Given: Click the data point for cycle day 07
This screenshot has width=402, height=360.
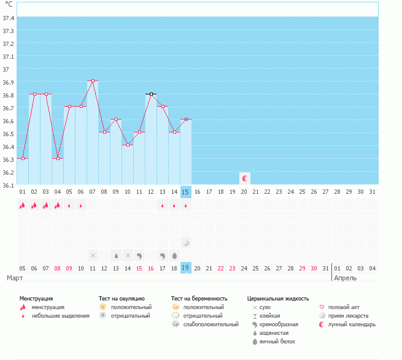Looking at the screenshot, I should pos(93,81).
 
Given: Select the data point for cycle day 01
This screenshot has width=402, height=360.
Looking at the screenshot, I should pos(23,158).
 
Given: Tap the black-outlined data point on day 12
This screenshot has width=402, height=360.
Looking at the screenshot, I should pos(151,94).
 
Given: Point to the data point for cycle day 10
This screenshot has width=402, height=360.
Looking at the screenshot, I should pos(128,145).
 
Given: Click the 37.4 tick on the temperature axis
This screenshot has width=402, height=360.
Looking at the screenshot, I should pos(8,18).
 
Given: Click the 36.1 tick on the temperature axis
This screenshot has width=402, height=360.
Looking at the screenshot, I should pos(8,185).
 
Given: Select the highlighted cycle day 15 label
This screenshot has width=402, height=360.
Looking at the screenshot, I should pos(186,192).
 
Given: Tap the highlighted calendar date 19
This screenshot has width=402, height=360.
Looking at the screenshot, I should pos(186,268).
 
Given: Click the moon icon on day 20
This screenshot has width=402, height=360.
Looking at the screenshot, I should pos(245,178).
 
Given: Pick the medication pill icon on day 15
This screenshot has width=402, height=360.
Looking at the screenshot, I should pos(186,243).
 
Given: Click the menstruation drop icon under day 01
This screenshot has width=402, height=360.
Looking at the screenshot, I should pos(23,205).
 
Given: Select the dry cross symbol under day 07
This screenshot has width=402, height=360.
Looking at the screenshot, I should pos(93,255).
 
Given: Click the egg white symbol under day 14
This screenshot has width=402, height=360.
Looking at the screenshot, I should pos(174,255).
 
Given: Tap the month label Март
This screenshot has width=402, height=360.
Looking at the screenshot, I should pos(15,278).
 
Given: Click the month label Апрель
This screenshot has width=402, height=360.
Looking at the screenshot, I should pos(345,278).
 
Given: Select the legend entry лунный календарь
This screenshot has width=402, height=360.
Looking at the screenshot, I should pos(351,324).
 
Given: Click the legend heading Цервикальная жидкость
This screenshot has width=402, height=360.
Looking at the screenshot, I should pos(277,298).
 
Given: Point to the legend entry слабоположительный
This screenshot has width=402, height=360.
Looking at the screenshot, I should pos(204,324).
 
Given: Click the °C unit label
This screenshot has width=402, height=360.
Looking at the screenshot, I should pos(9,4).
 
